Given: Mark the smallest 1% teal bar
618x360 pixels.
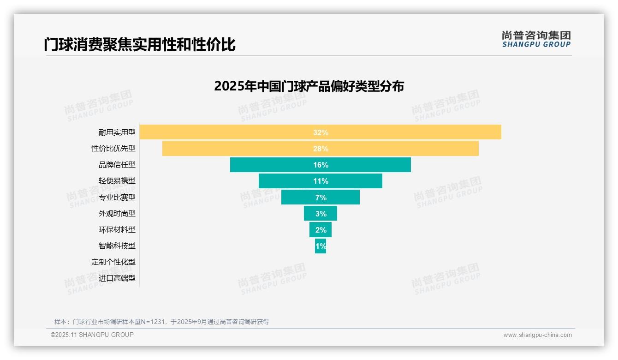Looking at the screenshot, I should tap(321, 246).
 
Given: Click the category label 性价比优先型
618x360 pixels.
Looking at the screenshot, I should tap(113, 149).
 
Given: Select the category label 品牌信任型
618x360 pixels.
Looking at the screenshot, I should tap(117, 165).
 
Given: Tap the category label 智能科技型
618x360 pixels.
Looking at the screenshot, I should tap(117, 246).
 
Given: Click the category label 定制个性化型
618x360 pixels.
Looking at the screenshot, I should tap(113, 262).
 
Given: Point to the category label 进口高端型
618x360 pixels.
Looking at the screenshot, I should tap(117, 278).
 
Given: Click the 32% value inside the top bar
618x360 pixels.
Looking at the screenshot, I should tap(321, 132).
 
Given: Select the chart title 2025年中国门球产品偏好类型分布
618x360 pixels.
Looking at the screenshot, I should tap(309, 86).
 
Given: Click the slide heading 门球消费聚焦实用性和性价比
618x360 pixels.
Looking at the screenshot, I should tap(140, 44).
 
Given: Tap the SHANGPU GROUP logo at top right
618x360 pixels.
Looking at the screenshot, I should tap(536, 39).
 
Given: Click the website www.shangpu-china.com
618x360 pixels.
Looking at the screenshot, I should tap(537, 335).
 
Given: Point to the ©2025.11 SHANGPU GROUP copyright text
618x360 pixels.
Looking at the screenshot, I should tap(92, 335).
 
